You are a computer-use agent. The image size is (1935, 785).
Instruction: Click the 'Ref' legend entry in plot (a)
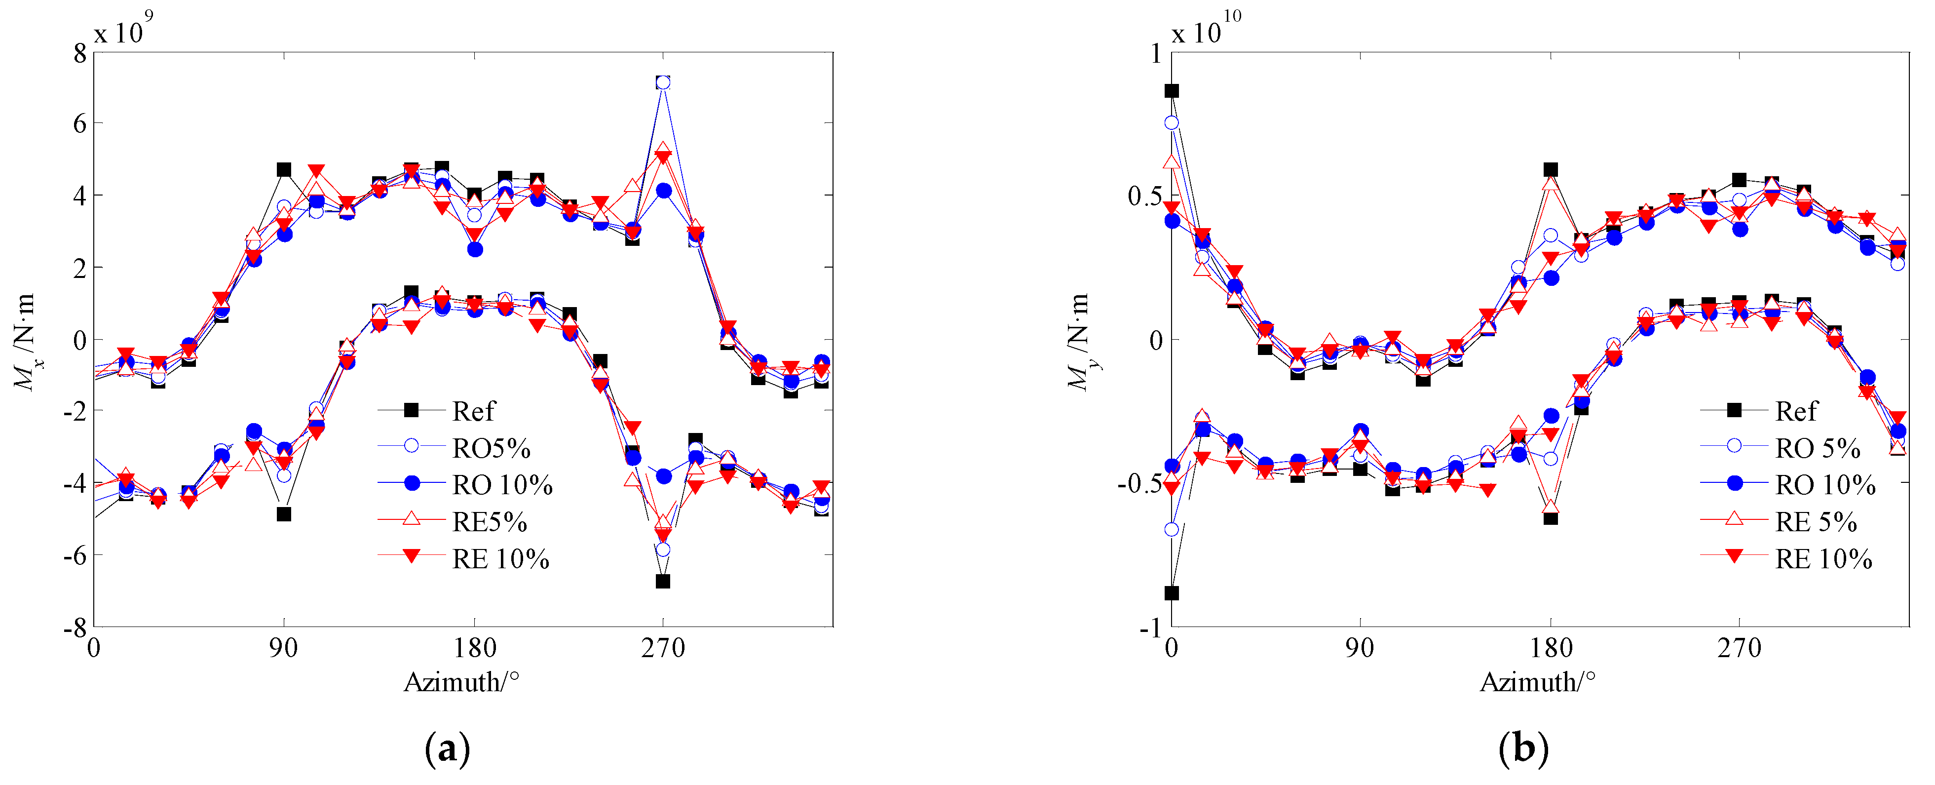473,411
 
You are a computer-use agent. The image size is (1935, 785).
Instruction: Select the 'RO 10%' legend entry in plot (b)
1824,484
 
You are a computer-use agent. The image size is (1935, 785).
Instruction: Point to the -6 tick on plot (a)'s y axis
75,555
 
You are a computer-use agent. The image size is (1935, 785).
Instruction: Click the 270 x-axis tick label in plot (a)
663,648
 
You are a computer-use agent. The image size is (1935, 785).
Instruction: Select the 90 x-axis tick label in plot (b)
1359,648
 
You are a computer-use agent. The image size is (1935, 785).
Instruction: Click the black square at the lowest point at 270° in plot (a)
663,581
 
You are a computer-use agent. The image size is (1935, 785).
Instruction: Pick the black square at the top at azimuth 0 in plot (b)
1171,91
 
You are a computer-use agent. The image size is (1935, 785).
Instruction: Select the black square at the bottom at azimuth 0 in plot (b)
1171,592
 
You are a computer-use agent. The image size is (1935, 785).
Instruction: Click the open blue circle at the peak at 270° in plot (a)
663,82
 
